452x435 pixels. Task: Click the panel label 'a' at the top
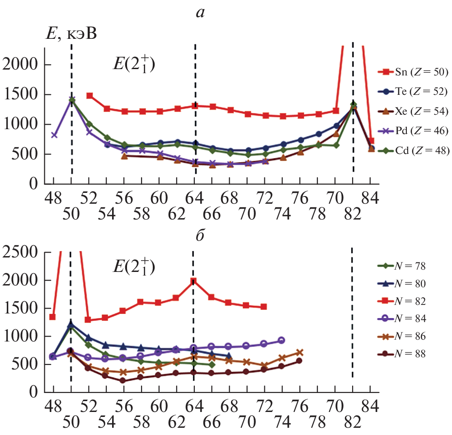click(x=200, y=13)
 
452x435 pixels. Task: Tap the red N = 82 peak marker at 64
click(x=194, y=281)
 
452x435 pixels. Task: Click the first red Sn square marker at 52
click(x=89, y=96)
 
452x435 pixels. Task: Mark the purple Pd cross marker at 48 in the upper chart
click(x=54, y=135)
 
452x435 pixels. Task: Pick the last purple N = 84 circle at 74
click(x=281, y=340)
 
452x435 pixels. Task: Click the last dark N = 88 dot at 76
click(x=299, y=360)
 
